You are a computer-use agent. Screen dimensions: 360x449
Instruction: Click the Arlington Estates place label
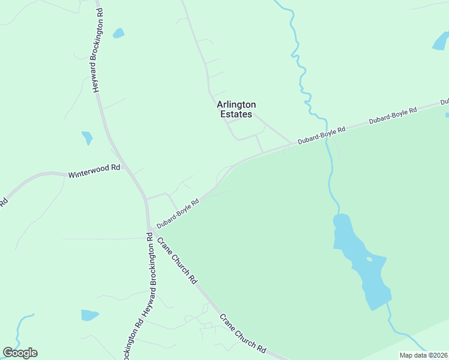pyautogui.click(x=236, y=109)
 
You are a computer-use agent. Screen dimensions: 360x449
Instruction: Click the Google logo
pyautogui.click(x=20, y=353)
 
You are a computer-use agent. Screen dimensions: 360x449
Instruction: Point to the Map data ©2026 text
pyautogui.click(x=424, y=355)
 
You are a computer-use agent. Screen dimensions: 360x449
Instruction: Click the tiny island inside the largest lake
pyautogui.click(x=369, y=259)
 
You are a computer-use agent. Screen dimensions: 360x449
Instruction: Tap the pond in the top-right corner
pyautogui.click(x=441, y=41)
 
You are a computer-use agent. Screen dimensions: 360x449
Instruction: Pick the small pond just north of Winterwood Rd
pyautogui.click(x=88, y=138)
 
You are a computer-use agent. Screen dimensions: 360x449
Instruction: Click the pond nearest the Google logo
pyautogui.click(x=89, y=315)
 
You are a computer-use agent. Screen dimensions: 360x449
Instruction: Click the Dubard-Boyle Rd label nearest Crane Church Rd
pyautogui.click(x=178, y=214)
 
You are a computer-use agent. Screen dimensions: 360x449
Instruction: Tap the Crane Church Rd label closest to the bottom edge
pyautogui.click(x=243, y=334)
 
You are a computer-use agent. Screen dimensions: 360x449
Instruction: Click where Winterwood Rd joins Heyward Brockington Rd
pyautogui.click(x=128, y=169)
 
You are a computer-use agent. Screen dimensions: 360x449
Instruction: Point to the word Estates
pyautogui.click(x=236, y=114)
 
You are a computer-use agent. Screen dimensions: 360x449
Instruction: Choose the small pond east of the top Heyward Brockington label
pyautogui.click(x=118, y=33)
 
